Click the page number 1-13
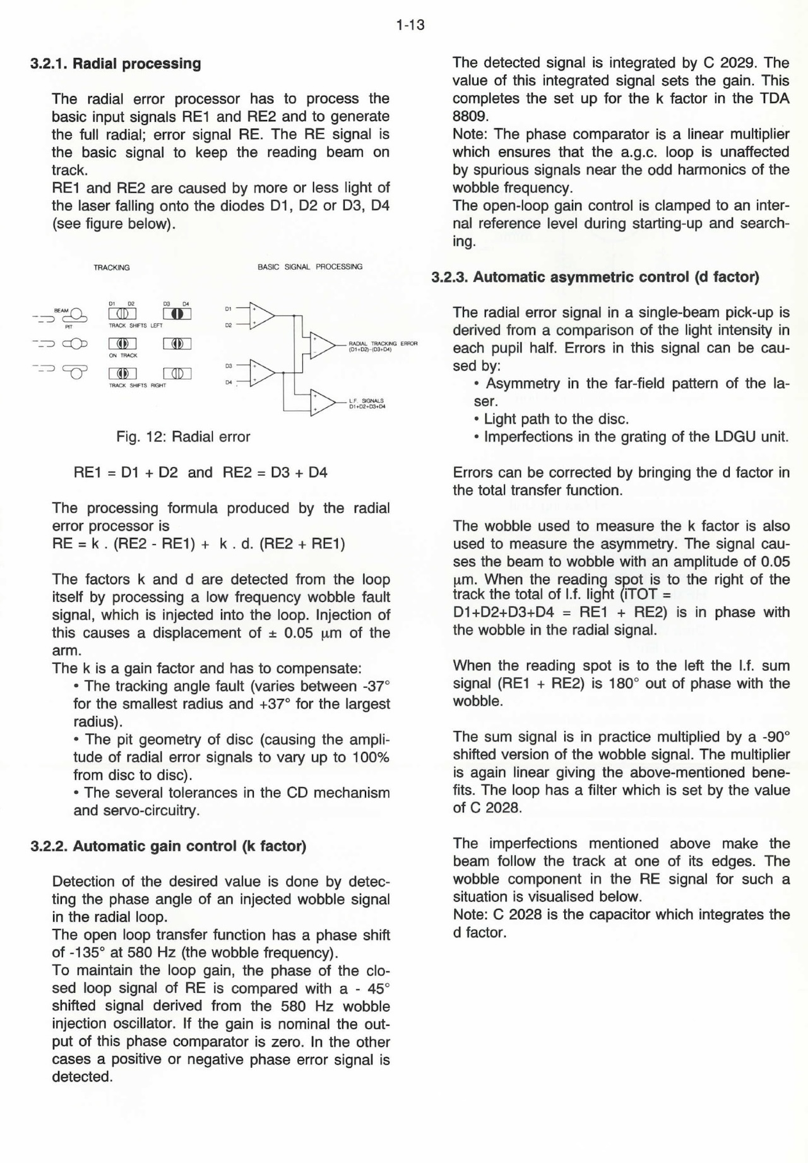click(x=410, y=25)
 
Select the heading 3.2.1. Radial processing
click(x=116, y=64)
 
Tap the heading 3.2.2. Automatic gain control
click(x=168, y=846)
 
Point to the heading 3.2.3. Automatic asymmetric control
click(x=595, y=277)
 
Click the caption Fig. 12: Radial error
click(x=183, y=437)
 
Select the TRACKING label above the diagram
click(x=112, y=268)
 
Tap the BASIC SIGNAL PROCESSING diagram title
click(x=310, y=267)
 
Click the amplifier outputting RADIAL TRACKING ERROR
click(x=321, y=345)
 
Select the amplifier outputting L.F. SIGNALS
click(x=321, y=402)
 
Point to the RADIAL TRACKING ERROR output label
click(x=383, y=345)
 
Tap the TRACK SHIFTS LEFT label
click(x=136, y=326)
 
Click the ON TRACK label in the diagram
click(x=123, y=355)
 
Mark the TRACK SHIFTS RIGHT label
click(x=138, y=385)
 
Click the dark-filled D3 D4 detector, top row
click(x=177, y=314)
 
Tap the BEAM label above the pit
click(x=61, y=311)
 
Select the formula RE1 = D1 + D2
click(x=126, y=473)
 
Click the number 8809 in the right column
click(x=468, y=117)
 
